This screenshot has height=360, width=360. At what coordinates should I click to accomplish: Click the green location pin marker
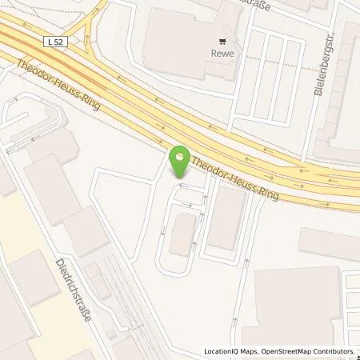tap(180, 162)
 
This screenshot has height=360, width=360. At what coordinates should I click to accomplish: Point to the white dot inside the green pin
tap(180, 157)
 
